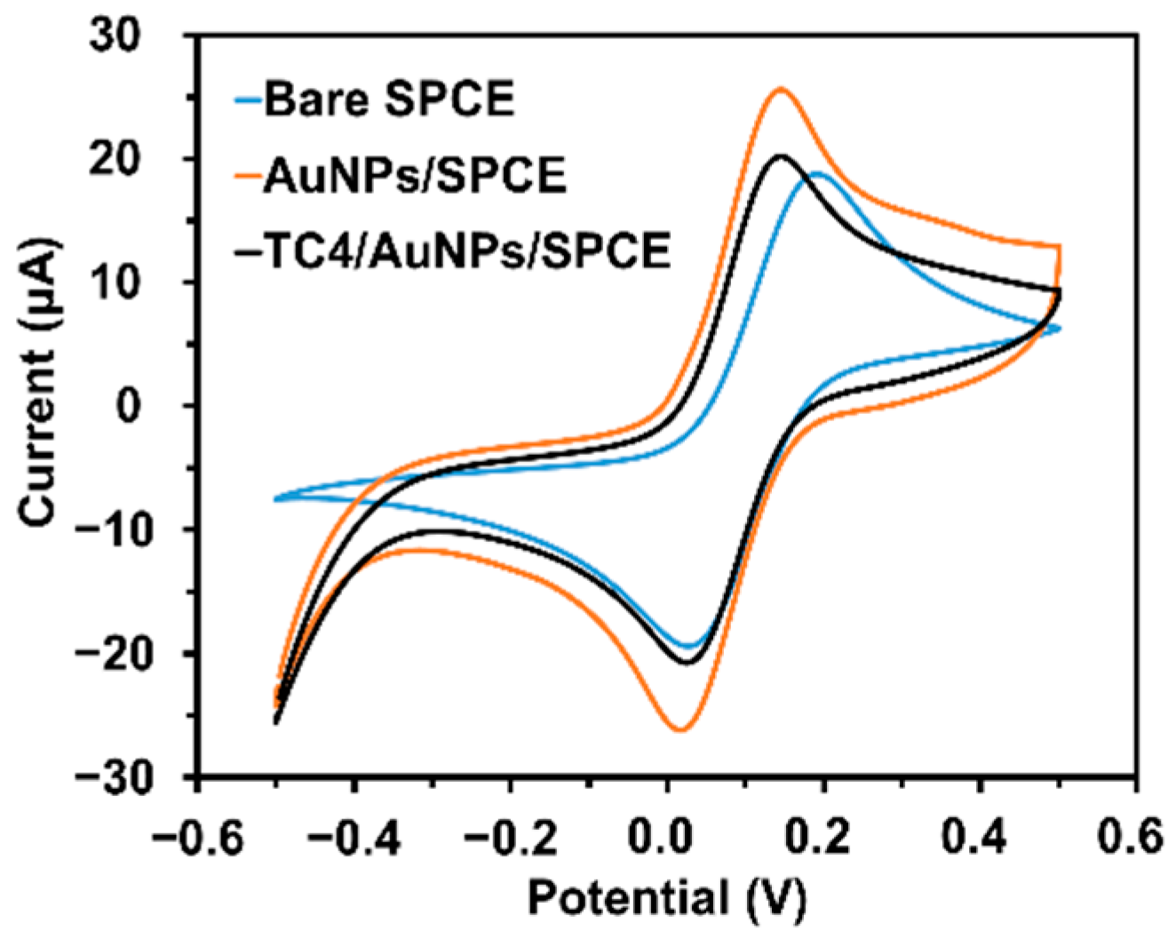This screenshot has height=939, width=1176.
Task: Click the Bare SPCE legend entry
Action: click(389, 99)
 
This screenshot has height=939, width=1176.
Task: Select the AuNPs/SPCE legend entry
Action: click(414, 175)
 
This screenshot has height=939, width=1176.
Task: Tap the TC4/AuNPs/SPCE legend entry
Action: click(453, 251)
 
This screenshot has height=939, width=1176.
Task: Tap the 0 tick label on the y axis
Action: click(158, 407)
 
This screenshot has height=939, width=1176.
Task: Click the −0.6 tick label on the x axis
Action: click(197, 836)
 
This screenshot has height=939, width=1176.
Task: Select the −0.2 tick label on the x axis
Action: click(510, 836)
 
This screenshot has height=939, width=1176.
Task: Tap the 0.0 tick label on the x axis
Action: click(667, 836)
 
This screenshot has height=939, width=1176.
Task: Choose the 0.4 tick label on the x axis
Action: click(980, 836)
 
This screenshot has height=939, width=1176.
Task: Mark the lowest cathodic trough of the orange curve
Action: click(679, 730)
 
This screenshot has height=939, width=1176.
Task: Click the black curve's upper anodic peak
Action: click(781, 156)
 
